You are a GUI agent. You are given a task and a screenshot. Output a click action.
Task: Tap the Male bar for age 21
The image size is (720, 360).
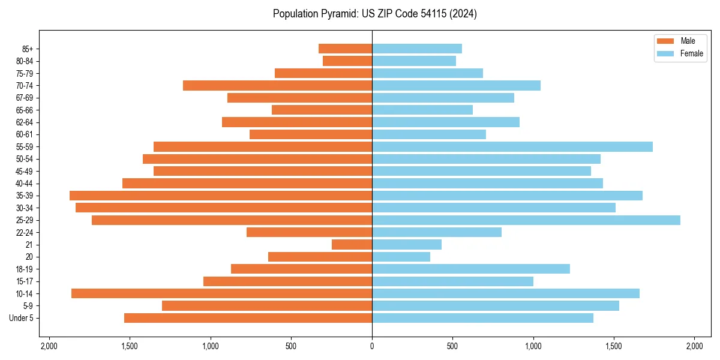tap(352, 245)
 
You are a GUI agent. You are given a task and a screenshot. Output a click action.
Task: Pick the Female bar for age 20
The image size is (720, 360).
tap(401, 257)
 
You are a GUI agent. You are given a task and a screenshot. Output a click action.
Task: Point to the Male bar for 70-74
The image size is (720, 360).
tap(277, 86)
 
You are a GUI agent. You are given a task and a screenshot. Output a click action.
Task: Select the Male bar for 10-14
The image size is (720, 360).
tap(221, 293)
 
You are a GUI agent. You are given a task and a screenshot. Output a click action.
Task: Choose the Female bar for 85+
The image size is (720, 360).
tap(417, 49)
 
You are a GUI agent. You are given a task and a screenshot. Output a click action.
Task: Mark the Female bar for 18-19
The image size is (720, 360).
tap(471, 269)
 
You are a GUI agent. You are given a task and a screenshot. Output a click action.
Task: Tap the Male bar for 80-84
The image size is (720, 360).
tap(347, 61)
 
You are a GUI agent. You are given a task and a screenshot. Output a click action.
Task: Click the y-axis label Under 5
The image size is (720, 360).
tap(21, 318)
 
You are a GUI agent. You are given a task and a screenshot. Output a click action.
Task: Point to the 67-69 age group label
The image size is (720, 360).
tap(25, 98)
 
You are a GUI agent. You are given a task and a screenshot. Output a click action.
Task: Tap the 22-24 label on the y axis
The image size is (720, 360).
tap(25, 233)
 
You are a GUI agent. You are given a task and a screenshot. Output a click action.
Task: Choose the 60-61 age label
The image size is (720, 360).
tap(25, 134)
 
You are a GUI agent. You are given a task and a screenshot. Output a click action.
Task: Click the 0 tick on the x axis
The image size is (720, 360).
tap(372, 346)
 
